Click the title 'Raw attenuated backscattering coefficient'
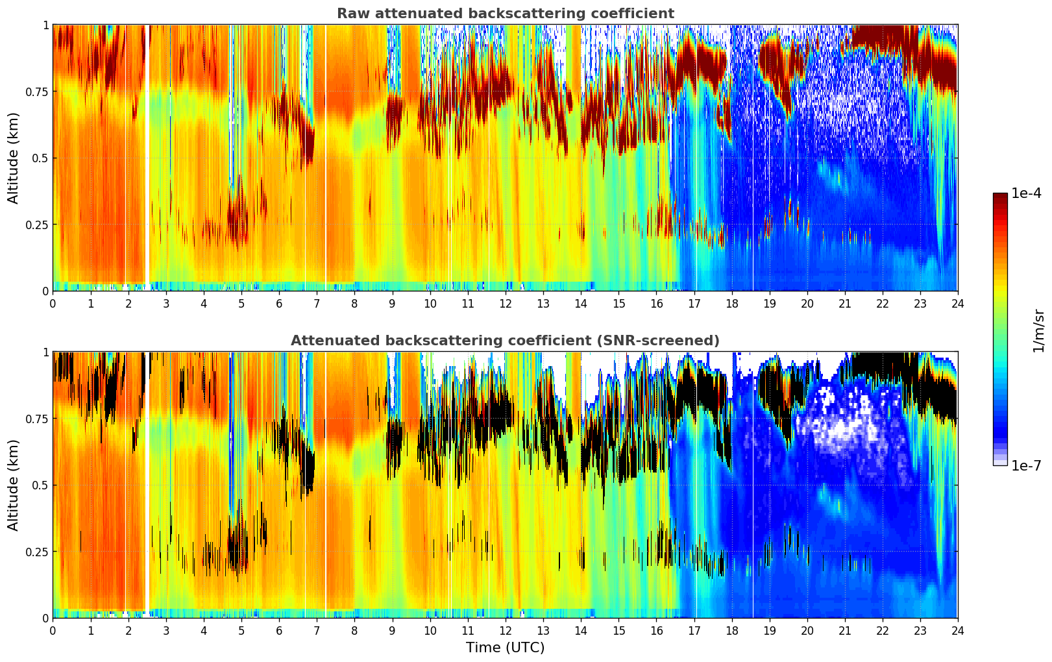[x=505, y=14]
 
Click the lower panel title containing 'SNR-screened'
[x=505, y=341]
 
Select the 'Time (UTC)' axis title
[x=505, y=648]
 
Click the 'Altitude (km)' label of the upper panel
[x=14, y=158]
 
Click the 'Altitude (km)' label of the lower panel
[x=14, y=485]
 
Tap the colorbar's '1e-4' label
[x=1026, y=193]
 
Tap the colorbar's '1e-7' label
[x=1026, y=465]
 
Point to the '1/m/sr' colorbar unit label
[x=1038, y=330]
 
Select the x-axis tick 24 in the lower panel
[x=957, y=630]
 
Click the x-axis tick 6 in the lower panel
[x=279, y=630]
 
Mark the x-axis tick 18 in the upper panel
[x=731, y=303]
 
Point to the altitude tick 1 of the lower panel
[x=45, y=352]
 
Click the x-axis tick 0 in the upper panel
[x=53, y=303]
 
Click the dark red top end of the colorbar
[x=1000, y=196]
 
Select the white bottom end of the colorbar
[x=1000, y=463]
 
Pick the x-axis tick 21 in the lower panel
[x=844, y=630]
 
